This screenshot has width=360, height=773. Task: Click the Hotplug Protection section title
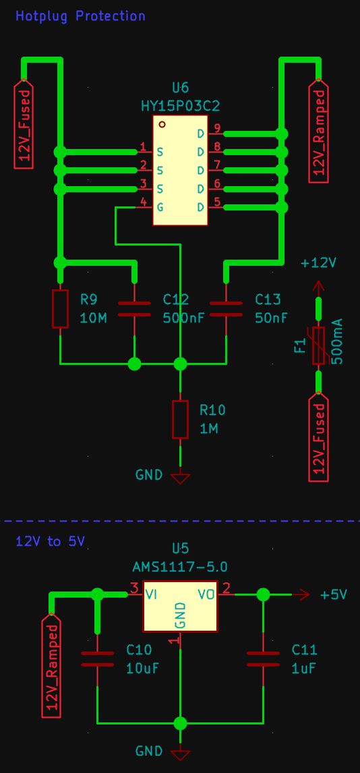[80, 16]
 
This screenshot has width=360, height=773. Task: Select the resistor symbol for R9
[61, 309]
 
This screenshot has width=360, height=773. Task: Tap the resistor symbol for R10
[180, 420]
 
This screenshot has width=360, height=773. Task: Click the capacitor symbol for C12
[134, 309]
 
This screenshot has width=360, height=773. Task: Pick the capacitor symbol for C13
[226, 309]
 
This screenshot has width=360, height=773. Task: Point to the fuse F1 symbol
[318, 347]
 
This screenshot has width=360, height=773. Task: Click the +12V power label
[318, 263]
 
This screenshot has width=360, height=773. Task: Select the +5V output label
[333, 595]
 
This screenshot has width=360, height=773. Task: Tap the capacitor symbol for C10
[98, 659]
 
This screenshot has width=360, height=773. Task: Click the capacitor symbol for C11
[263, 659]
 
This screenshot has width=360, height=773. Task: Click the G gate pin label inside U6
[160, 207]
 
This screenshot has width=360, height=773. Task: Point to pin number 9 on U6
[217, 128]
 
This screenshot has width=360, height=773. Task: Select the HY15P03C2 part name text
[180, 106]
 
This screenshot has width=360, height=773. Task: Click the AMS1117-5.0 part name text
[180, 567]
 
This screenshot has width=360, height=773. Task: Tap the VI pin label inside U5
[152, 594]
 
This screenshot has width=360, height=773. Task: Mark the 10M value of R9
[93, 318]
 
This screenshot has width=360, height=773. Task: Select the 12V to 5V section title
[50, 542]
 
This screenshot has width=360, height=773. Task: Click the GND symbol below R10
[180, 478]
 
